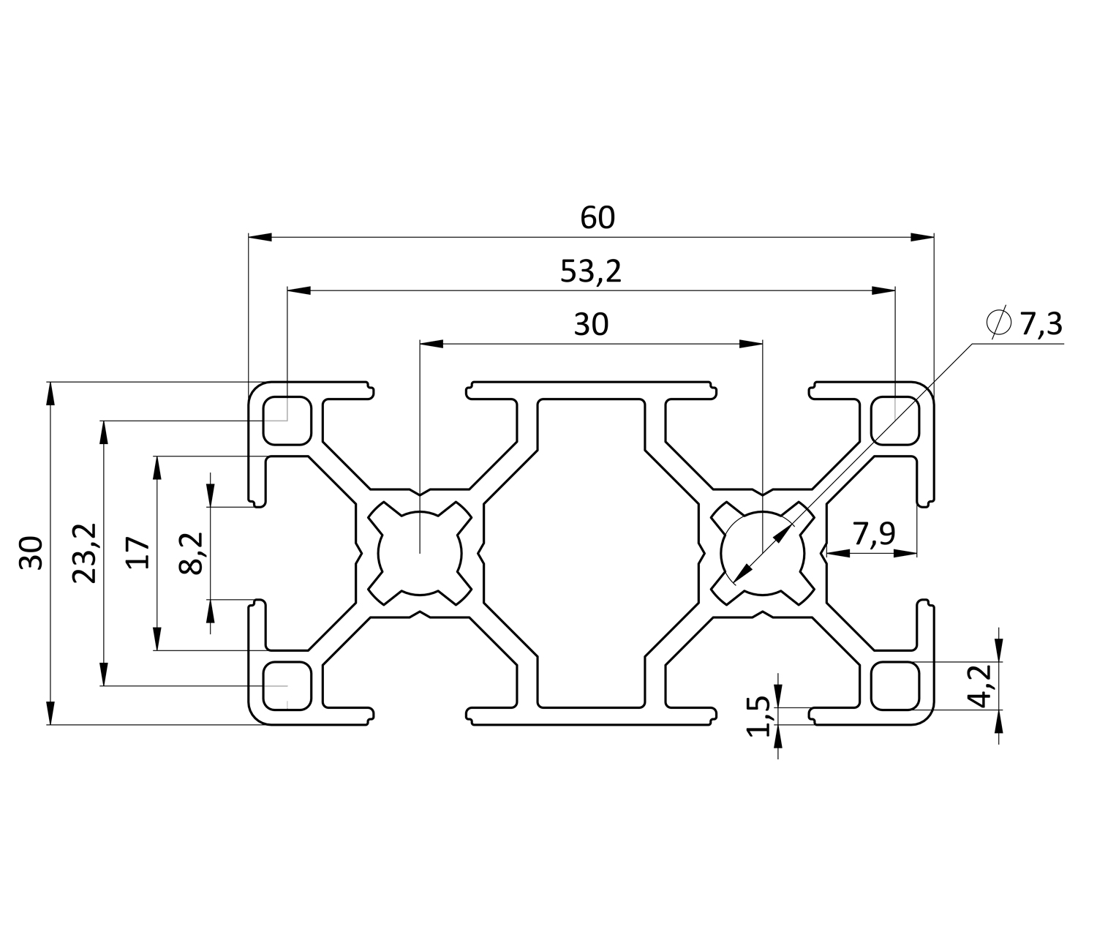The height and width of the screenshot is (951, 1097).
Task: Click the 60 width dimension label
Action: (x=597, y=218)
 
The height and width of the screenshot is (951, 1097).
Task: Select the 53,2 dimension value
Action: (x=590, y=272)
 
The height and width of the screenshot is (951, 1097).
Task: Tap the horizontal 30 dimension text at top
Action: (x=590, y=324)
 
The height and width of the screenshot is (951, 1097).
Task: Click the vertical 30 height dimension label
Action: (x=32, y=552)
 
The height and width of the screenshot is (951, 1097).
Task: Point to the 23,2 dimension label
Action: (x=85, y=553)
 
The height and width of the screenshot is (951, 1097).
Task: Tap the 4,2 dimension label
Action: (x=981, y=685)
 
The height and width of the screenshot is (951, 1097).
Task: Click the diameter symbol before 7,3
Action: (x=998, y=322)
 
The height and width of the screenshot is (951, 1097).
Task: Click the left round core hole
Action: (x=420, y=552)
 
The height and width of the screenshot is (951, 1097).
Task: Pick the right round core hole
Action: (x=762, y=552)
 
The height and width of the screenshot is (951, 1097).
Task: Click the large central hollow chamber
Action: (x=591, y=552)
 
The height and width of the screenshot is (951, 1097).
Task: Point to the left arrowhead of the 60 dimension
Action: (x=260, y=237)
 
